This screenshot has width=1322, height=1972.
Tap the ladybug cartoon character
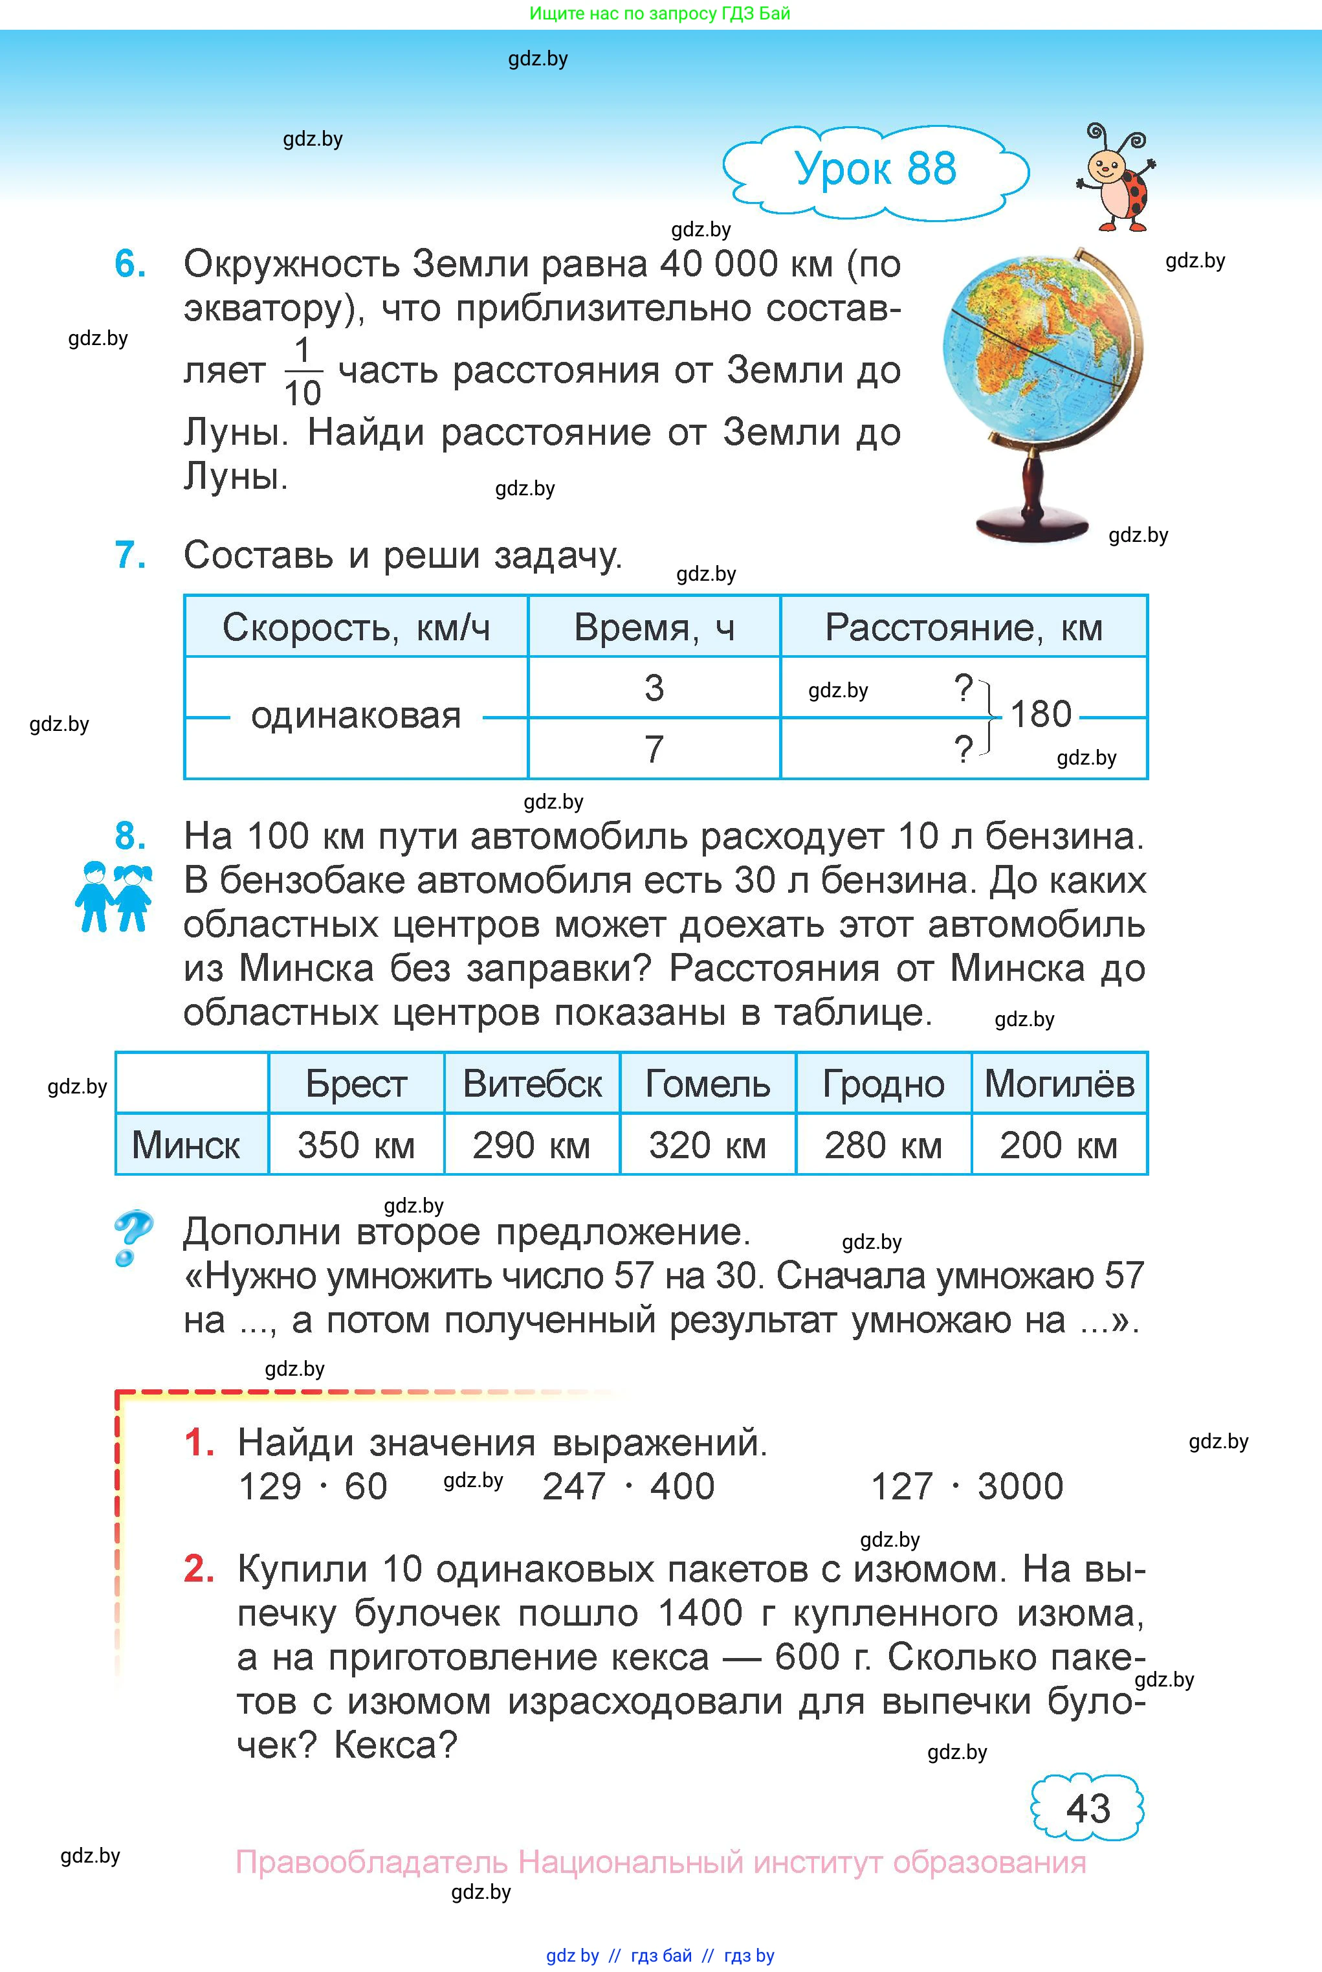coord(1117,179)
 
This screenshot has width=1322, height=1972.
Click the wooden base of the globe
coord(1031,524)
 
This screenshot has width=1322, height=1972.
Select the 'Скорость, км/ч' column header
coord(356,627)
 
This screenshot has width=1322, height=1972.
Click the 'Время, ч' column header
coord(654,627)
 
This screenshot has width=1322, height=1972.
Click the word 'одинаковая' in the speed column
coord(356,717)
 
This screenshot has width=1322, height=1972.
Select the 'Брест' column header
coord(356,1084)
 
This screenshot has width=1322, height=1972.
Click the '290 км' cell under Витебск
coord(531,1145)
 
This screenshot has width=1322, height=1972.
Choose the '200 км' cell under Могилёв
coord(1059,1145)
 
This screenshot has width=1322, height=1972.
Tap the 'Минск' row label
coord(186,1145)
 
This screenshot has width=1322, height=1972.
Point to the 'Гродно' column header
coord(883,1084)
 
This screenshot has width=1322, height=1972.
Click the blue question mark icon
coord(133,1237)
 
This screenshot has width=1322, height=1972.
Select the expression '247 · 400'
coord(628,1487)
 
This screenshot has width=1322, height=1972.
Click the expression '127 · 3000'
coord(966,1487)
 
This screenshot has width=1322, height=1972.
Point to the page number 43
coord(1088,1808)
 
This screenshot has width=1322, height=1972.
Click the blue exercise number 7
coord(130,555)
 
